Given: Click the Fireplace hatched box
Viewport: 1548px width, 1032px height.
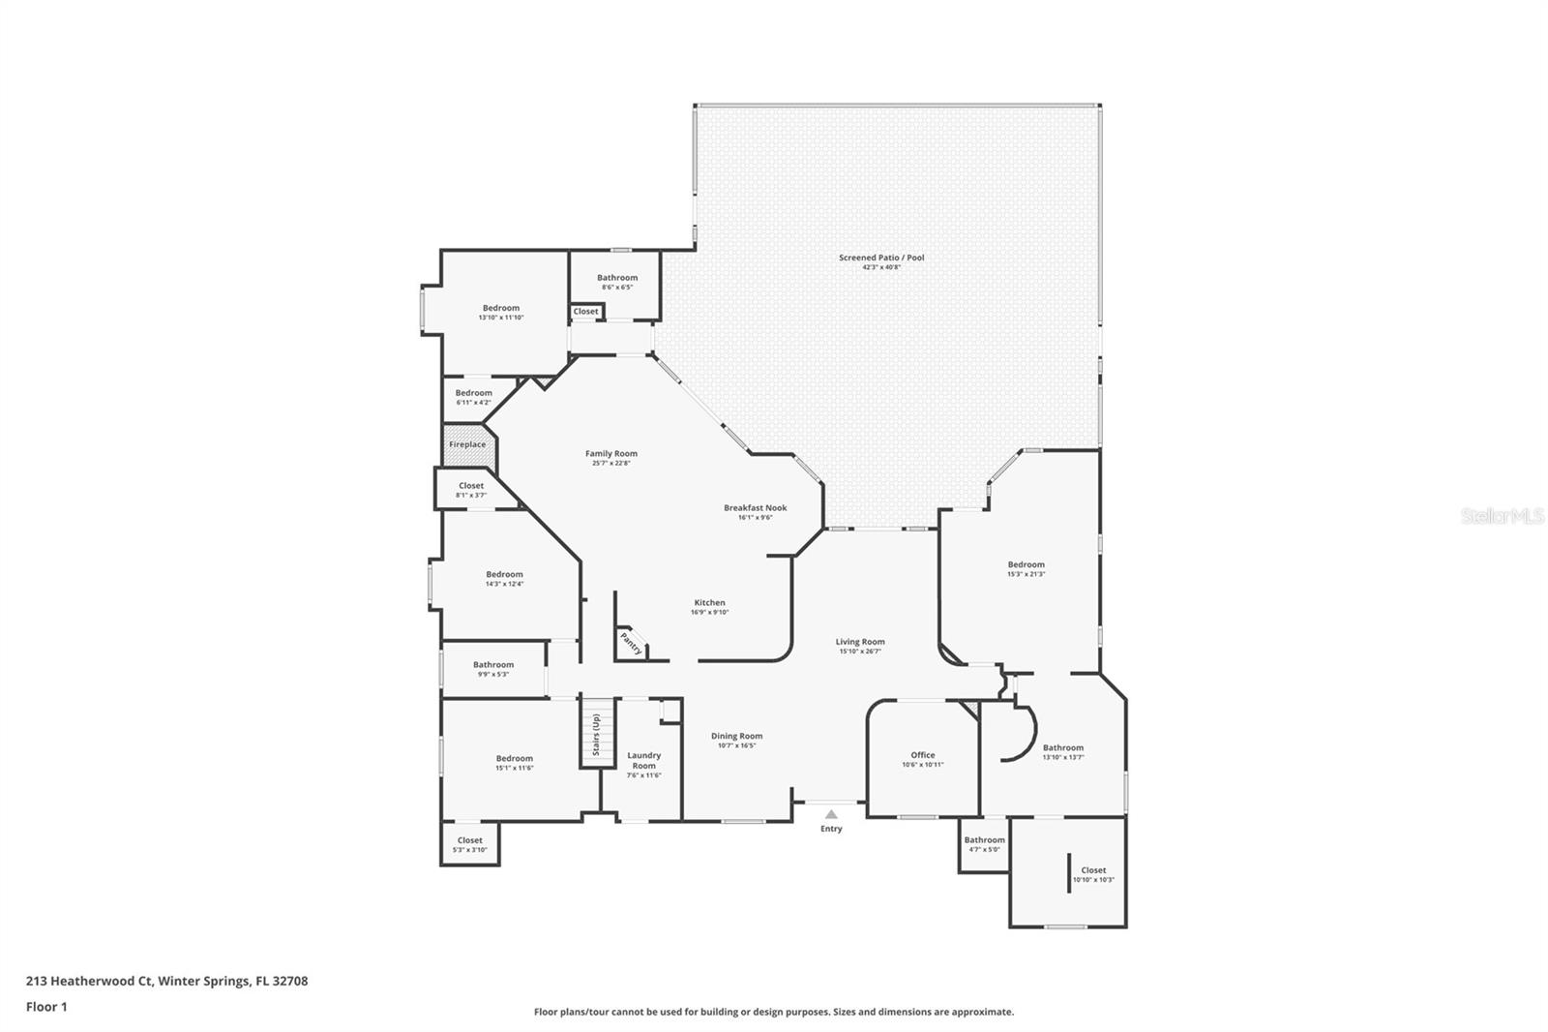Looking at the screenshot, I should (468, 444).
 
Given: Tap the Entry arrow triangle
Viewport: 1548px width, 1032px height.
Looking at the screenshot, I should (831, 815).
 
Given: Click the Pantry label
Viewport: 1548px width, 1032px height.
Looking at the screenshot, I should (631, 644).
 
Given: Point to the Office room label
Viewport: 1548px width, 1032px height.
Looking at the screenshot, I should (922, 755).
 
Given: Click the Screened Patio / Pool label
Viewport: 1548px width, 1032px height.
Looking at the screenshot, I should (881, 258).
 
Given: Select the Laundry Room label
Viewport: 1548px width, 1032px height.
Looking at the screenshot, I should (643, 760).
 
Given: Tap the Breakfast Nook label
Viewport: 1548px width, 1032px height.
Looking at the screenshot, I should (755, 507).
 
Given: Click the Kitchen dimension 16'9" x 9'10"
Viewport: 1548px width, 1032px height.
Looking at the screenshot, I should (709, 612).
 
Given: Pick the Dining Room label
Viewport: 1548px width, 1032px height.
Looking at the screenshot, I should (736, 736).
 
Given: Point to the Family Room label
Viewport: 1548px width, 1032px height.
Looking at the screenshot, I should (610, 453).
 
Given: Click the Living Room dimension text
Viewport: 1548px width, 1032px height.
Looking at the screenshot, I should (860, 652).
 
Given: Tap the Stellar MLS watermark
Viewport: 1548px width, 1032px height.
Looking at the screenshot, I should (1502, 517).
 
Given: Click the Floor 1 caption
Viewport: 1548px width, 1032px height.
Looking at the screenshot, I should (46, 1007).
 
